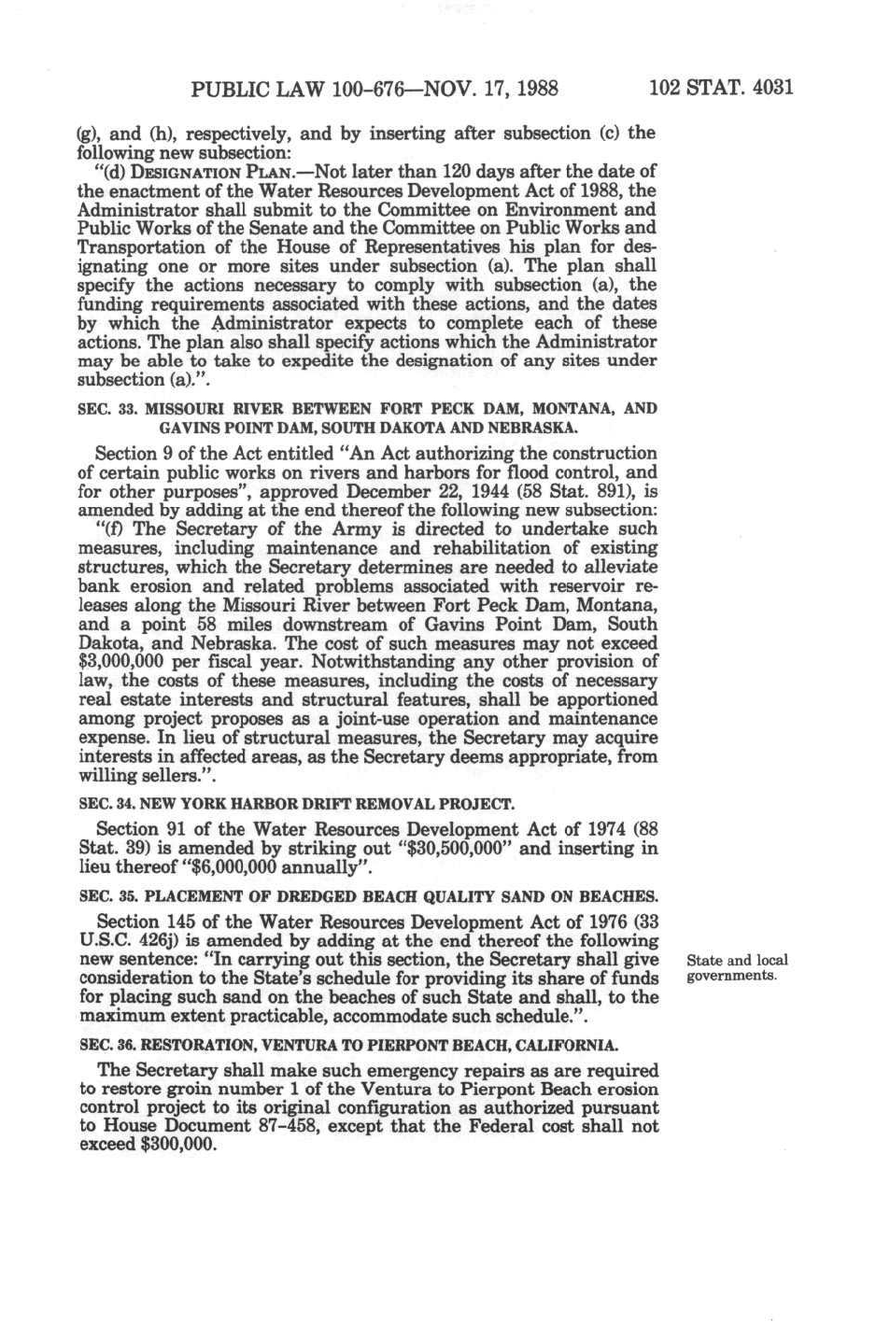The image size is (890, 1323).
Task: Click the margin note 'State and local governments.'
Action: tap(736, 967)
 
